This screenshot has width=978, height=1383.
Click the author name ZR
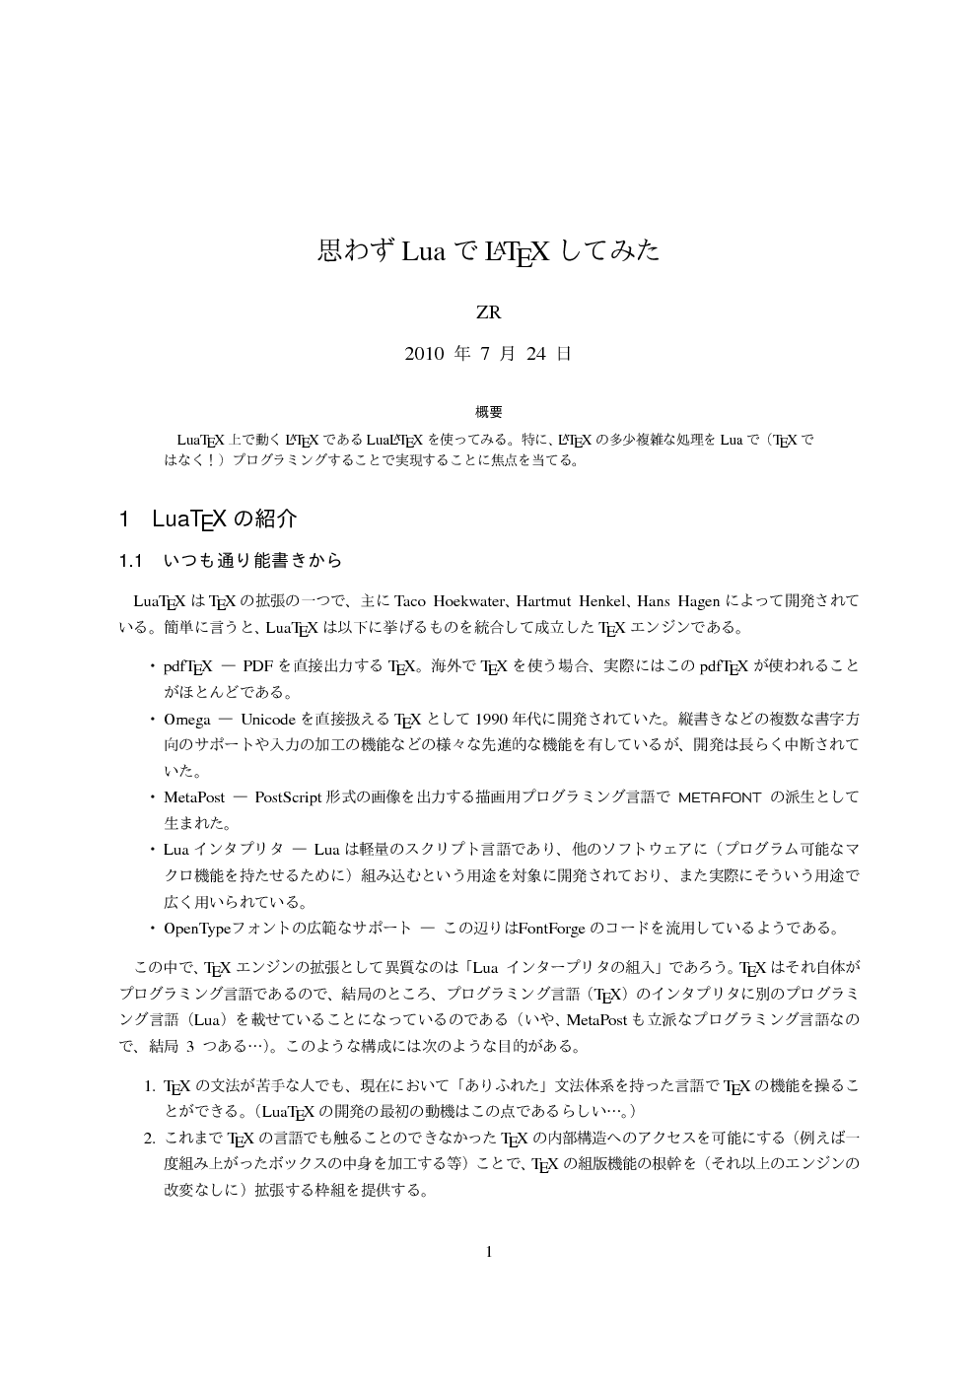488,312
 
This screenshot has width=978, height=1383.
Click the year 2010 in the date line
424,354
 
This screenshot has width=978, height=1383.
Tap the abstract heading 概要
488,412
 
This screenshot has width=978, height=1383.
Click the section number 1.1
132,561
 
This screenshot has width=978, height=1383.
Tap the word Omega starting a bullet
186,718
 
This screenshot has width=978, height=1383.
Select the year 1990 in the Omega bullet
491,718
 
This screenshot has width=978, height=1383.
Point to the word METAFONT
720,796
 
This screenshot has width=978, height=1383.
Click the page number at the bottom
489,1252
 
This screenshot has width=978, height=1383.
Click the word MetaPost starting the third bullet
193,796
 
